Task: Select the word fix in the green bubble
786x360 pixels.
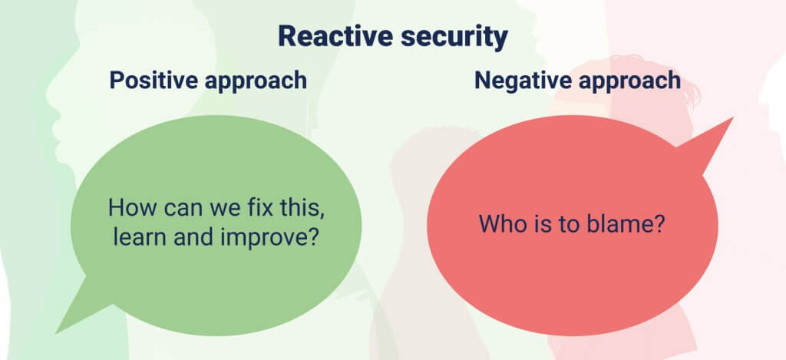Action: [259, 207]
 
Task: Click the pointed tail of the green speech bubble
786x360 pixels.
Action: [57, 333]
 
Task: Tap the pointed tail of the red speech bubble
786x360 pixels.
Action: [732, 118]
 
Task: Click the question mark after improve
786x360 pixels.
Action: [314, 237]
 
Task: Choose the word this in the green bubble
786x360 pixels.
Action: [301, 207]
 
